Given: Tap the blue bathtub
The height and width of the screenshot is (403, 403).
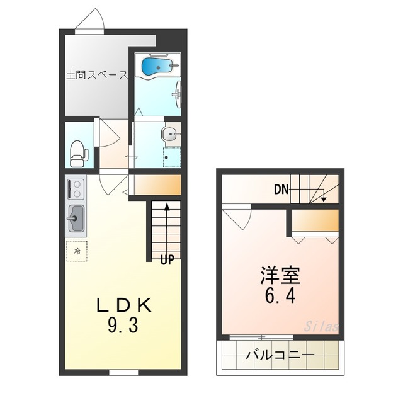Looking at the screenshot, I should pyautogui.click(x=157, y=65).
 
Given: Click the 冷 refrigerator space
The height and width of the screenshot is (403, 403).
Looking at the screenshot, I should pyautogui.click(x=77, y=251).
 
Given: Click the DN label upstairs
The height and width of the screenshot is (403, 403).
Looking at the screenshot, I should pyautogui.click(x=281, y=189).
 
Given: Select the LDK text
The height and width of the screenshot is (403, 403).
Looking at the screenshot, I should pyautogui.click(x=123, y=305).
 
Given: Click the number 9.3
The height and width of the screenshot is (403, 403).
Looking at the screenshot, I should pyautogui.click(x=123, y=326).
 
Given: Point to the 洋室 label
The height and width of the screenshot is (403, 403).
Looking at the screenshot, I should pyautogui.click(x=281, y=275).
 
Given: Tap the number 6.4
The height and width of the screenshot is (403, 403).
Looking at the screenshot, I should pyautogui.click(x=281, y=295).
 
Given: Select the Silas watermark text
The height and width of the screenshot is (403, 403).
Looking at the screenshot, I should pyautogui.click(x=322, y=327).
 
